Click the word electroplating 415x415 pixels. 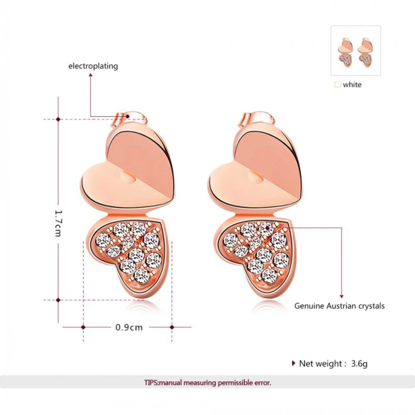tap(93, 66)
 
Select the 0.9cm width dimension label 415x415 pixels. tap(129, 327)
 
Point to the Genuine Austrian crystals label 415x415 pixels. tap(339, 306)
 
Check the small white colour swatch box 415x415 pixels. tap(338, 84)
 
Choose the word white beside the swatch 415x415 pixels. tap(352, 85)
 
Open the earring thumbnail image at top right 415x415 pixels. tap(355, 51)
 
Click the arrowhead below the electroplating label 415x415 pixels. tap(91, 76)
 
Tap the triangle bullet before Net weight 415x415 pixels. tap(294, 363)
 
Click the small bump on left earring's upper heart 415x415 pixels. tap(128, 178)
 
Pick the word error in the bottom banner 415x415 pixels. tap(261, 383)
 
